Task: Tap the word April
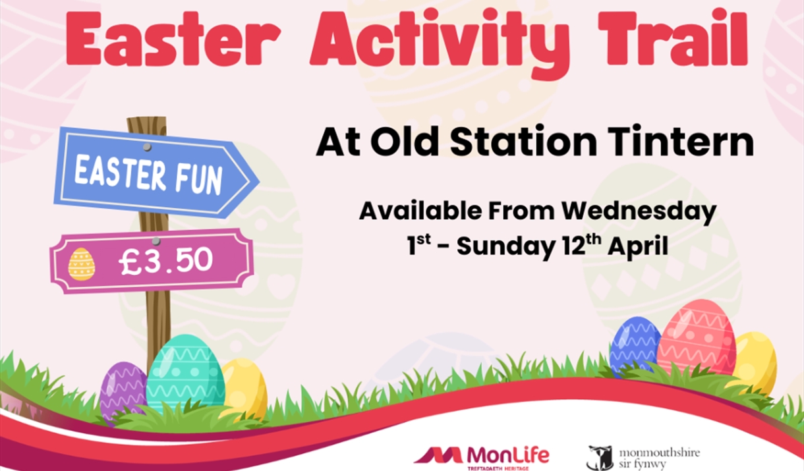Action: (638, 246)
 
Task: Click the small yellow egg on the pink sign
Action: (81, 264)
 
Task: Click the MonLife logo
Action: (481, 455)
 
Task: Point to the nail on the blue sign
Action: (146, 146)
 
